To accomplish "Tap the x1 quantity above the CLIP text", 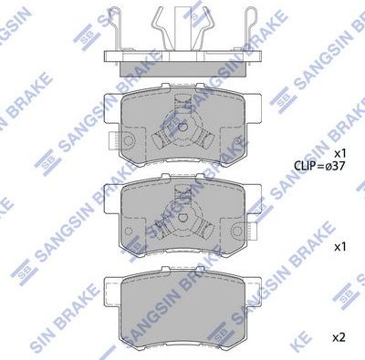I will point(340,152).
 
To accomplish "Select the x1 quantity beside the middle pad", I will point(340,247).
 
